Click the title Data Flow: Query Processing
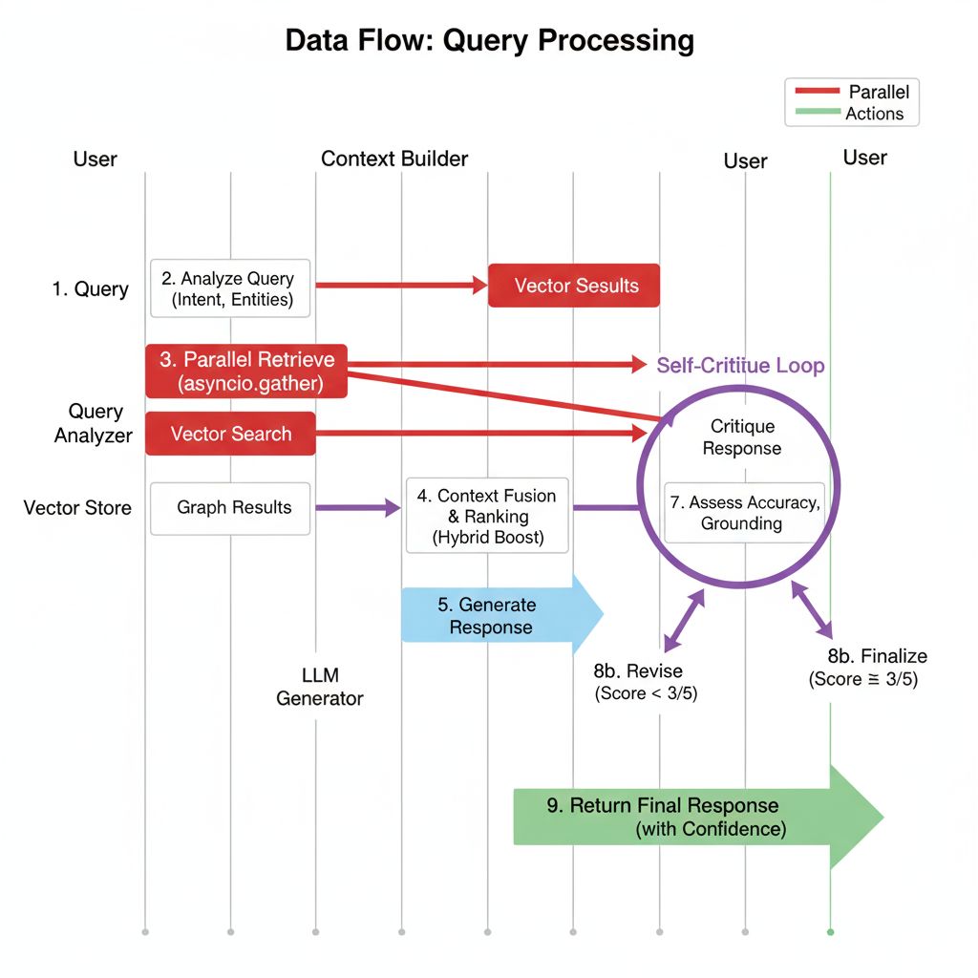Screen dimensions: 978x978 [x=489, y=41]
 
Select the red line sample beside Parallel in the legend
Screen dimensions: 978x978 [x=817, y=92]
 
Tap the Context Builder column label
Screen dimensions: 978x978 [x=394, y=159]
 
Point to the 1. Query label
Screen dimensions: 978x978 [x=90, y=289]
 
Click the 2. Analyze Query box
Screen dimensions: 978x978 [x=230, y=287]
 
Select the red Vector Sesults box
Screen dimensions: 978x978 [x=574, y=285]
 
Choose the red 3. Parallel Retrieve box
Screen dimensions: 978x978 [x=246, y=372]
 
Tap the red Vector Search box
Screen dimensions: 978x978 [x=230, y=434]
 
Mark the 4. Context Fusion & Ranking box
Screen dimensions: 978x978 [x=487, y=516]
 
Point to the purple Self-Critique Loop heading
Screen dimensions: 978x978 [x=740, y=366]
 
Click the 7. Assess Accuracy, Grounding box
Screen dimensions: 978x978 [x=743, y=513]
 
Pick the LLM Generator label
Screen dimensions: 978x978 [x=319, y=687]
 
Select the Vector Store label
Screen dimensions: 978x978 [x=77, y=507]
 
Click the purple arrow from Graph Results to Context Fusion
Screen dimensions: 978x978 [x=358, y=508]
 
